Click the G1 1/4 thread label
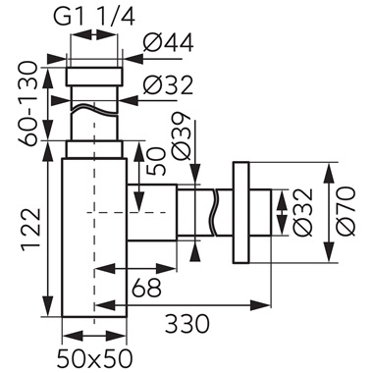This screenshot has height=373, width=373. [x=95, y=16]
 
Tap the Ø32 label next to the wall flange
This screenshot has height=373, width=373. [x=301, y=212]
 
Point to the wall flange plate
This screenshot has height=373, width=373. [x=240, y=211]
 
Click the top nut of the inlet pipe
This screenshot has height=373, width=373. [x=94, y=77]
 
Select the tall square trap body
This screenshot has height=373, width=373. [x=94, y=245]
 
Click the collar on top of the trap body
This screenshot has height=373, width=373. [x=94, y=149]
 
